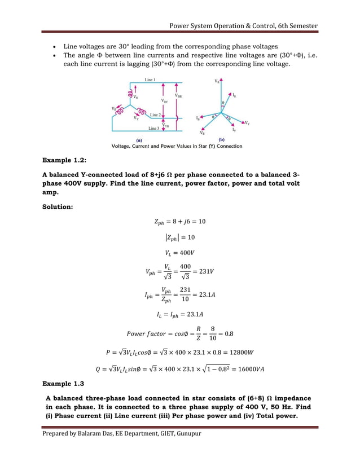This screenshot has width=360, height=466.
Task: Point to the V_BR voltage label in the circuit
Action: pos(178,96)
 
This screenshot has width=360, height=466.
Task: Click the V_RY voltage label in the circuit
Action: pos(164,102)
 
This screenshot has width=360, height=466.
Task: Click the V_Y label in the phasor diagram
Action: pos(247,122)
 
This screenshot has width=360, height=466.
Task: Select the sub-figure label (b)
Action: pos(221,139)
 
